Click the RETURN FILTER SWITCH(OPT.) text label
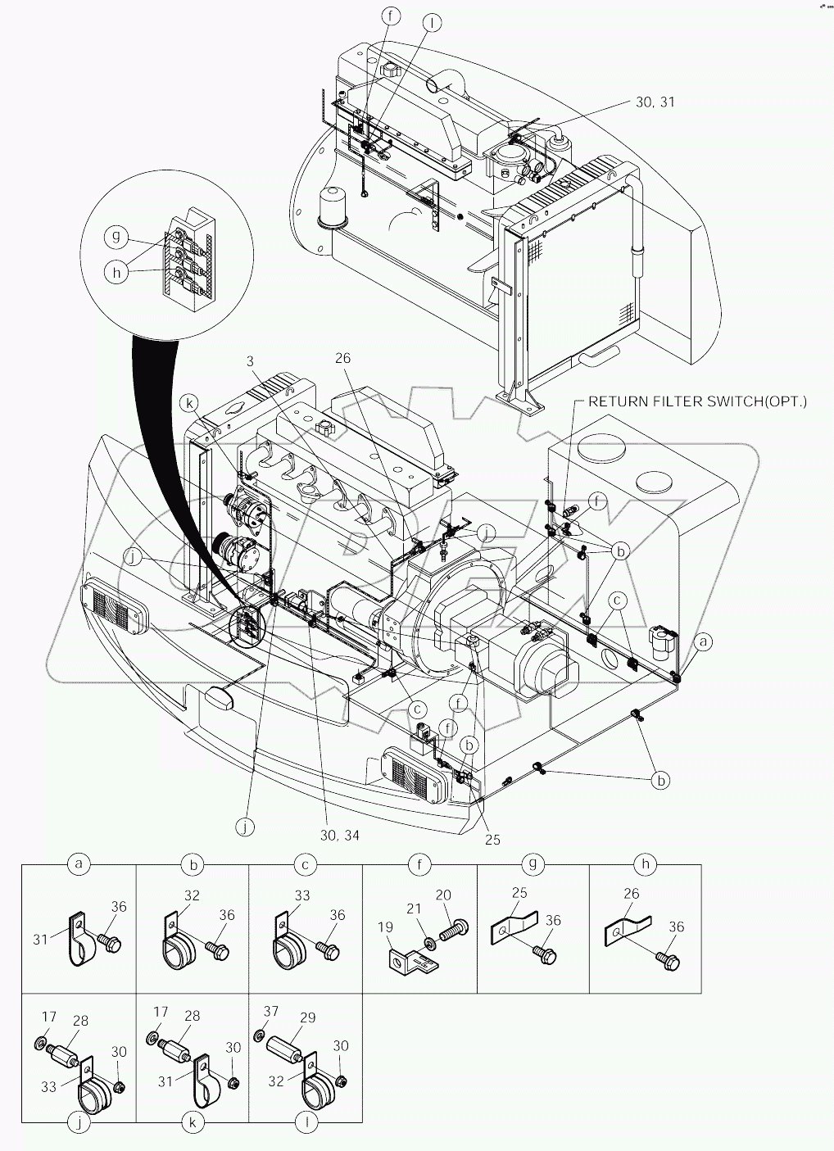pyautogui.click(x=698, y=401)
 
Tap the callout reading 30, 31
pyautogui.click(x=656, y=102)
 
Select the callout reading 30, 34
pyautogui.click(x=338, y=835)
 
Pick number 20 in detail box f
pyautogui.click(x=443, y=895)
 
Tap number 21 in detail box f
pyautogui.click(x=414, y=909)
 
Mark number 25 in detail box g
pyautogui.click(x=519, y=893)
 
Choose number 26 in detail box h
pyautogui.click(x=631, y=893)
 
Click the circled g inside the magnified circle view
pyautogui.click(x=116, y=237)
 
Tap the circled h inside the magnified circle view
pyautogui.click(x=117, y=272)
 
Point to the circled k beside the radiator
pyautogui.click(x=191, y=404)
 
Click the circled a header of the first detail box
pyautogui.click(x=79, y=864)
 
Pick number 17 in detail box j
pyautogui.click(x=49, y=1017)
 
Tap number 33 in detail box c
pyautogui.click(x=302, y=895)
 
